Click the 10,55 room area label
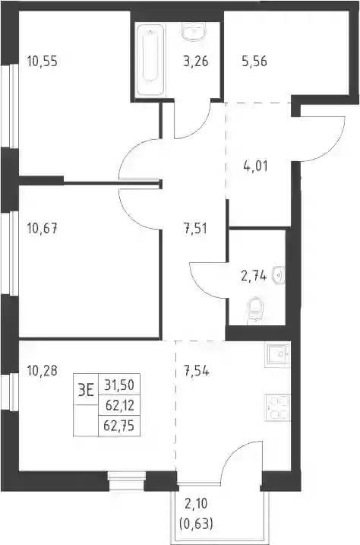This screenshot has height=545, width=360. (42, 62)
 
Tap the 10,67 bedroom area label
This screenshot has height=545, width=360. (42, 229)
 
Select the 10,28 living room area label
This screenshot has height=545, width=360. (42, 371)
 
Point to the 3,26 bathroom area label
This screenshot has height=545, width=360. (196, 61)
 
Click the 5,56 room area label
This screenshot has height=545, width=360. (254, 61)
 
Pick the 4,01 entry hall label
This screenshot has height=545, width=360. (255, 166)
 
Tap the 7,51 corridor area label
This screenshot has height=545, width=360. (196, 229)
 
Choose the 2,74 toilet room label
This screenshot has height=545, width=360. (254, 277)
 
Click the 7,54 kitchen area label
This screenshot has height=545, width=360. (196, 371)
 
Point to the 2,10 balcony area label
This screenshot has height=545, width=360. (197, 504)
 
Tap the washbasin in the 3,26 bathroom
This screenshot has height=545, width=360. (194, 32)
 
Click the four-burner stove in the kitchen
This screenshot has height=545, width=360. (277, 407)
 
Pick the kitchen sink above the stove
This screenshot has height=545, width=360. (277, 355)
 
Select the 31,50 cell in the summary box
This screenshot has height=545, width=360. (119, 385)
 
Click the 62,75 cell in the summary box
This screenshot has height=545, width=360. (119, 426)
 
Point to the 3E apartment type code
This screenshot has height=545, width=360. (86, 391)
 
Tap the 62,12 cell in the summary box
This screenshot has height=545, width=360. (119, 405)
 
